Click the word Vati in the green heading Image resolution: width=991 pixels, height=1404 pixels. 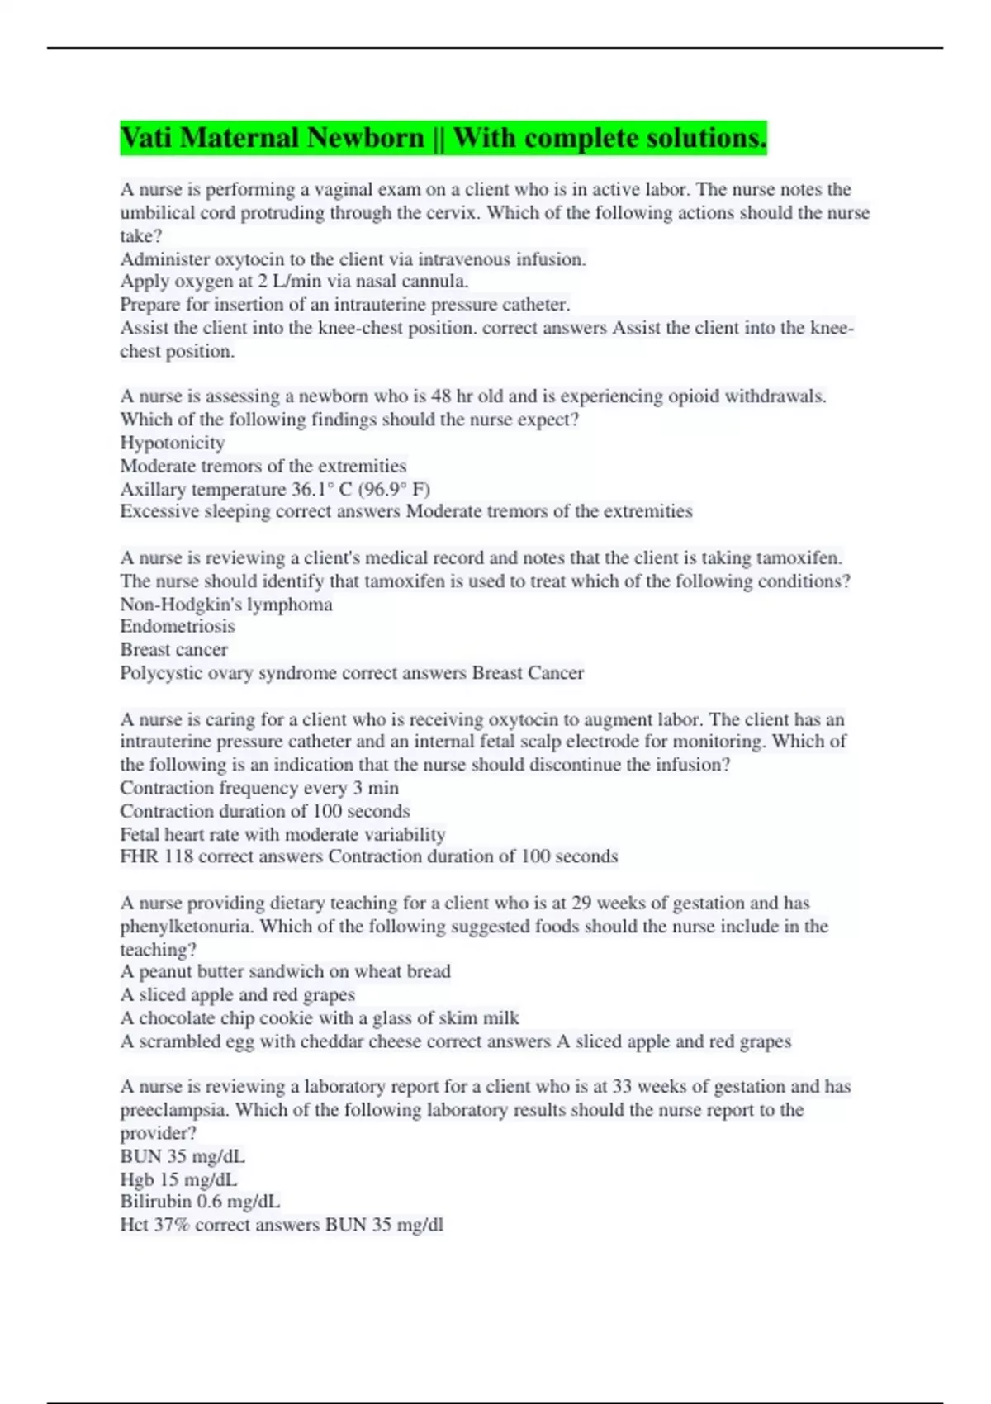[x=145, y=137]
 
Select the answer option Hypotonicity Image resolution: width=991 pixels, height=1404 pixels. [x=172, y=443]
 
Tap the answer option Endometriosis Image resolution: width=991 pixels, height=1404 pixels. [x=177, y=626]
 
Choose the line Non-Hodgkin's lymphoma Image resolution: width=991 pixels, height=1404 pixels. [x=226, y=604]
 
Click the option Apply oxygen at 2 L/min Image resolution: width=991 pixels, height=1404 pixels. [x=294, y=281]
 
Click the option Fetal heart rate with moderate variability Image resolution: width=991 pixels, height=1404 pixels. [x=282, y=834]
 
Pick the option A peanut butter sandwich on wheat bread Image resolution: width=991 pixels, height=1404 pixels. [x=285, y=971]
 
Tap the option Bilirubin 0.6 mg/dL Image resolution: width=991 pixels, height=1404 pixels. [x=200, y=1201]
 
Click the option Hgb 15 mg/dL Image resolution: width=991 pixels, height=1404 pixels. [x=178, y=1179]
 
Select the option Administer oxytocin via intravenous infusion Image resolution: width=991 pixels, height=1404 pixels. [x=353, y=259]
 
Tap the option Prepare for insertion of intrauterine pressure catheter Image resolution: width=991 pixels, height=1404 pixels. [x=344, y=304]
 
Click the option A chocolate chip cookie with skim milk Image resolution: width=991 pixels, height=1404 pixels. [x=320, y=1017]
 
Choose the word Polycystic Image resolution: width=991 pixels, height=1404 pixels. [x=156, y=673]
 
